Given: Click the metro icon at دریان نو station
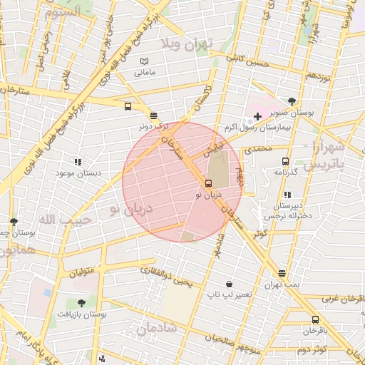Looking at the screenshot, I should point(207,183).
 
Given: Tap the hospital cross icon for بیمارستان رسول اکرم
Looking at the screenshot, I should point(257,116).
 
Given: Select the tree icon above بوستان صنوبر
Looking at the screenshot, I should point(292,102).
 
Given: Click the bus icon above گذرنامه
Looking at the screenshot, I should point(286,162).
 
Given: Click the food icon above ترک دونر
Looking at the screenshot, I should point(154,115).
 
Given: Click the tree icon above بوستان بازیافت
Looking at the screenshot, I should point(81,303).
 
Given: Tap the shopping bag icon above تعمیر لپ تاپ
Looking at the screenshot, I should point(228,284).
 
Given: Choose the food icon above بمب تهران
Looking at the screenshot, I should point(282,273).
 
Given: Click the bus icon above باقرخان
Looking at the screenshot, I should point(315,319).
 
